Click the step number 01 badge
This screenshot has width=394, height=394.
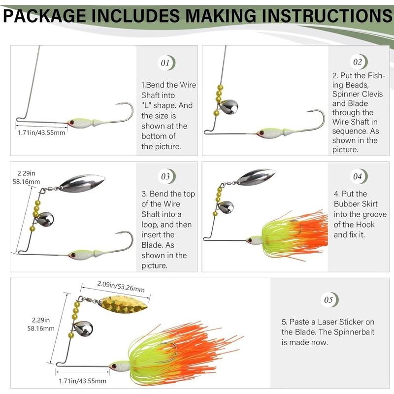(165, 63)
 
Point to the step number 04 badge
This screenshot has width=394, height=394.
(358, 176)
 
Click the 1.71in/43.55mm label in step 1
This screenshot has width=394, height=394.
(41, 132)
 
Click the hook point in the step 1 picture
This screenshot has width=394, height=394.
(117, 105)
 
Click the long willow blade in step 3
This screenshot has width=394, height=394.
(81, 182)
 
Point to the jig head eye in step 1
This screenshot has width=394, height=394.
(71, 121)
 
